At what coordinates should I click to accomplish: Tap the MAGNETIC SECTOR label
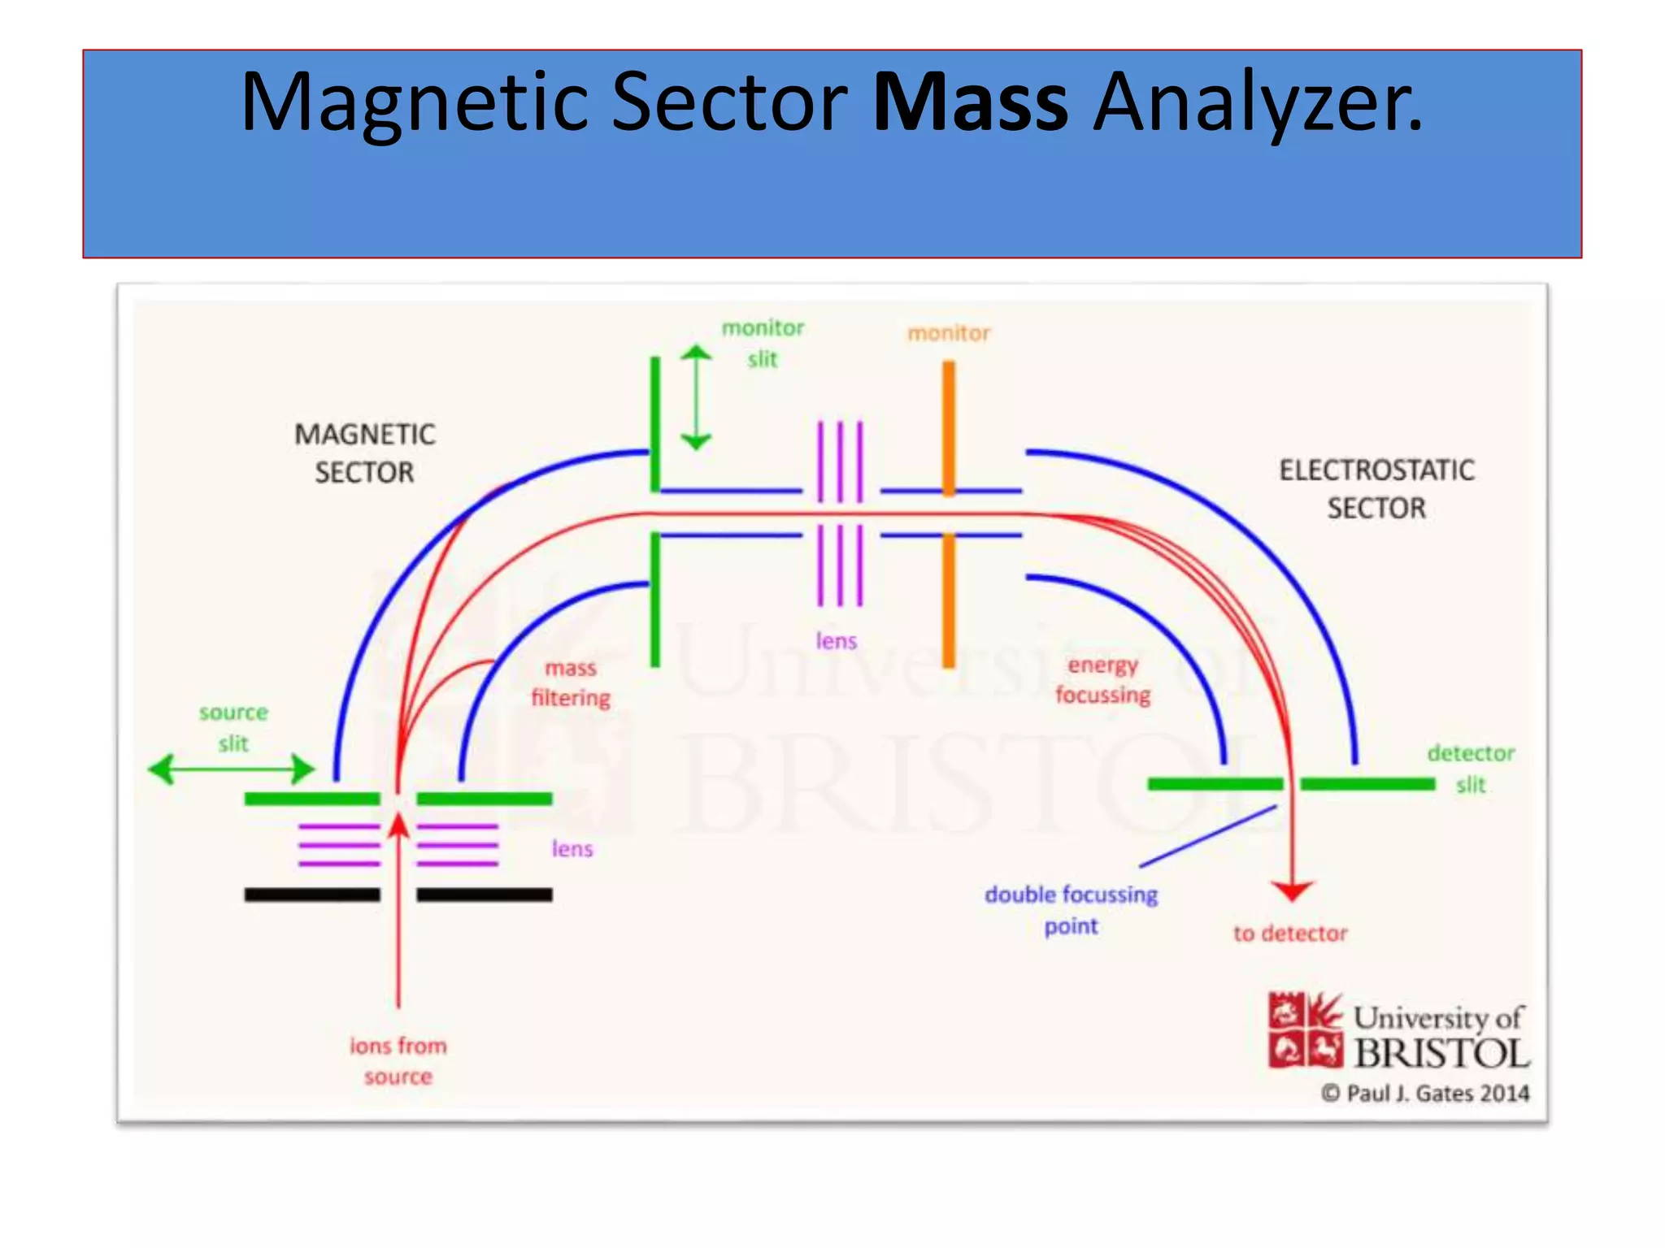click(x=365, y=453)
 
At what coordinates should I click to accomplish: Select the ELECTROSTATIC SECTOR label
click(x=1376, y=489)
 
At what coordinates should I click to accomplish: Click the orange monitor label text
click(x=948, y=333)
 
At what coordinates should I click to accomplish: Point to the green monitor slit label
click(x=763, y=344)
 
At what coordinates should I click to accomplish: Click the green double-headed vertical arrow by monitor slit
click(x=696, y=398)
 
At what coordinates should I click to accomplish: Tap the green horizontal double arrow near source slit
click(x=232, y=769)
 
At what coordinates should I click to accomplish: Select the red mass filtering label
click(x=571, y=683)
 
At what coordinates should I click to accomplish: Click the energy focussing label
click(x=1102, y=680)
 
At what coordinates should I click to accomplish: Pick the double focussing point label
click(x=1071, y=910)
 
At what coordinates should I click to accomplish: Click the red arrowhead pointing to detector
click(x=1292, y=890)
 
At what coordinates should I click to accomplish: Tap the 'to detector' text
click(x=1290, y=934)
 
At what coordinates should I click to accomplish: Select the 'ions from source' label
click(x=398, y=1061)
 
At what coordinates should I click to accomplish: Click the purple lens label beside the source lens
click(x=572, y=849)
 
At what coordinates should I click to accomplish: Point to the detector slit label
click(x=1471, y=769)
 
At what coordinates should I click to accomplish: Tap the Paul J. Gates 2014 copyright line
click(x=1425, y=1094)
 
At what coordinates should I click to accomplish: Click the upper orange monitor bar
click(x=949, y=427)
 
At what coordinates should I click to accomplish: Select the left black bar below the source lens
click(x=312, y=895)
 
